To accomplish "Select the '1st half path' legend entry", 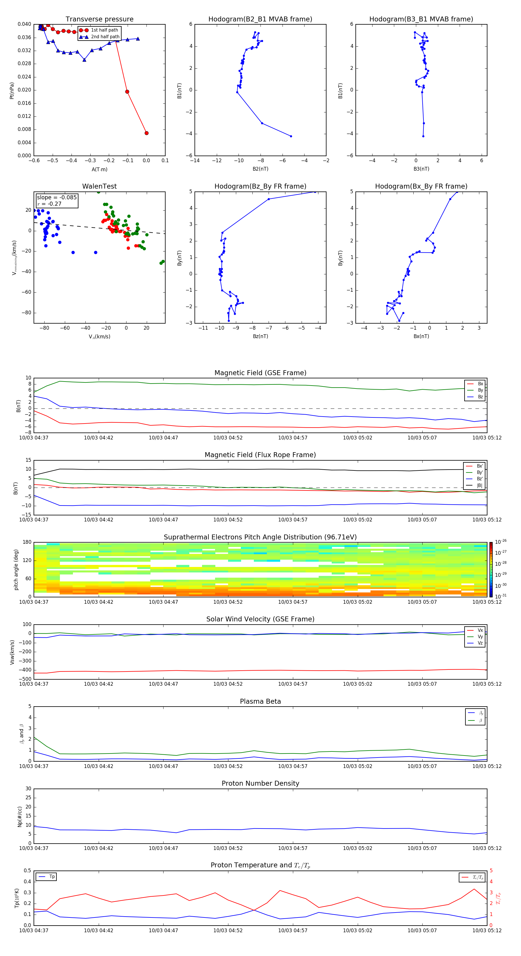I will [x=104, y=30].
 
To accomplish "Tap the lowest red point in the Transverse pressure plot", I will [x=146, y=133].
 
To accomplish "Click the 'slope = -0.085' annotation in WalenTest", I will [x=57, y=198].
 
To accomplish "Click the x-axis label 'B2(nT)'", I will [x=260, y=169].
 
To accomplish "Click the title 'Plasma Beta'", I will [x=260, y=701].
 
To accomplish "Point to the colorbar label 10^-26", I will [x=501, y=542].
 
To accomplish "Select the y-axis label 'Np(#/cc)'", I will [x=20, y=816].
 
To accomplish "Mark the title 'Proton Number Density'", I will [x=260, y=783].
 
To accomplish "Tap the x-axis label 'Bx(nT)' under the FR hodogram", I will [x=421, y=336].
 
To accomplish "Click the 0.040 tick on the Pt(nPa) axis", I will [x=25, y=24].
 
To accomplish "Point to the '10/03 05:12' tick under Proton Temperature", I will [x=487, y=931].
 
